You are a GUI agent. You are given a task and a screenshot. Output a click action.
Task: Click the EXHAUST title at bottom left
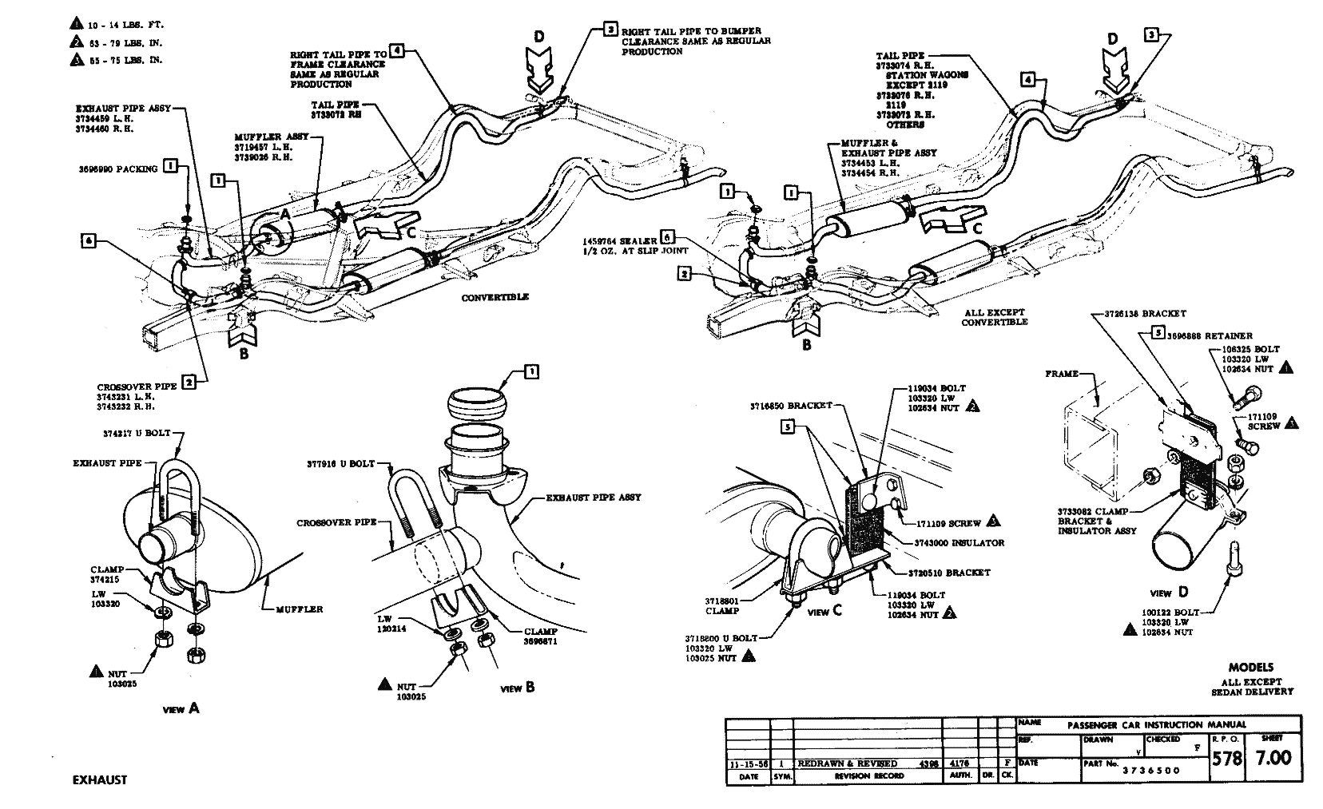[x=94, y=780]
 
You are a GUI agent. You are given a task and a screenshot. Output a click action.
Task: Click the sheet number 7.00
[x=1273, y=757]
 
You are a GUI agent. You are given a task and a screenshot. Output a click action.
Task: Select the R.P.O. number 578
[x=1227, y=757]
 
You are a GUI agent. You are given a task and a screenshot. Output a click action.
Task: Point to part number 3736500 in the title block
[x=1151, y=771]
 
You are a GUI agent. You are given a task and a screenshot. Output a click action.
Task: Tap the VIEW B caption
[x=518, y=688]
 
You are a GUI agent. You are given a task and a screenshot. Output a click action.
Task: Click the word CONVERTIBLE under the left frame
[x=495, y=297]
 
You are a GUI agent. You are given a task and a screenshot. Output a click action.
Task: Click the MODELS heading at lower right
[x=1250, y=667]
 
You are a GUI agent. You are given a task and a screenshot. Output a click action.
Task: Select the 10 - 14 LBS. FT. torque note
[x=125, y=26]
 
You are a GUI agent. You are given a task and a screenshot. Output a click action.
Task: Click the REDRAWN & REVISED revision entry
[x=848, y=763]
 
